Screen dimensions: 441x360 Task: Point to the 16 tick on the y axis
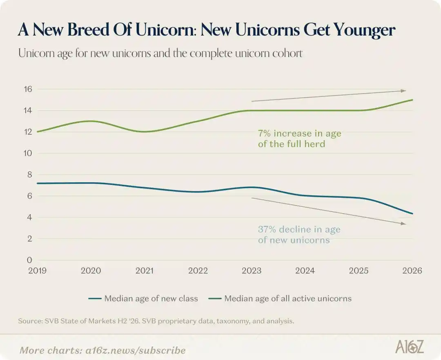click(28, 89)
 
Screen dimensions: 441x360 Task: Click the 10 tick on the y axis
click(28, 153)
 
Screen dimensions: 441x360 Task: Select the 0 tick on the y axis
click(29, 260)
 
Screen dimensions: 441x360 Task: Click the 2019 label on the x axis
click(38, 271)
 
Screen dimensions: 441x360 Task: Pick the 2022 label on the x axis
click(198, 271)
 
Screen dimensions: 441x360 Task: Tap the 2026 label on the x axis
click(412, 271)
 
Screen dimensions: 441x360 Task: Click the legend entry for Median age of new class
click(143, 298)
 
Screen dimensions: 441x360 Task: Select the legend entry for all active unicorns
click(280, 298)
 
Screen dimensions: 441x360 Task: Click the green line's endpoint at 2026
click(412, 100)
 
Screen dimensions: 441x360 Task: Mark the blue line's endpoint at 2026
click(412, 214)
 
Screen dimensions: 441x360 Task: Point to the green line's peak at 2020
click(91, 121)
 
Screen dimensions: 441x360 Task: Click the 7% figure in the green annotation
click(264, 133)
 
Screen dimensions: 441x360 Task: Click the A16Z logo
click(410, 347)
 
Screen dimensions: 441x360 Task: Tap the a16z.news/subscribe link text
click(136, 351)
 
